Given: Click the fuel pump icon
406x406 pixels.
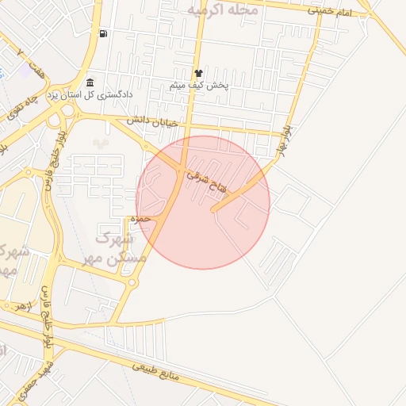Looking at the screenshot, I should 103,33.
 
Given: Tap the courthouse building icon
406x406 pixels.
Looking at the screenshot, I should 90,83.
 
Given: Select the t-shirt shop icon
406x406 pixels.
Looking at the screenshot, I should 198,73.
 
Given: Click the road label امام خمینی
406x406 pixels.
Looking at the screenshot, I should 331,11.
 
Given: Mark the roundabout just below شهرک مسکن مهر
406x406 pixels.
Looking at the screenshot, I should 132,282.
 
